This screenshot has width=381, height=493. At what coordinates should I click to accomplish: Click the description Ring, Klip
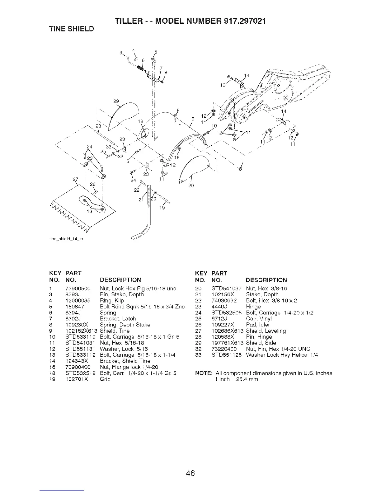click(112, 301)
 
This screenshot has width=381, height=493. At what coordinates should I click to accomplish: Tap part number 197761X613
click(228, 343)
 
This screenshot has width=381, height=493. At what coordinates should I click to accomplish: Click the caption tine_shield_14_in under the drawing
click(64, 239)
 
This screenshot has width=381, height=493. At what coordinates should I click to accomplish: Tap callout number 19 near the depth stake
click(162, 208)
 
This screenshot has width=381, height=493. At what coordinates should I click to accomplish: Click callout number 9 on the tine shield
click(193, 118)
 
